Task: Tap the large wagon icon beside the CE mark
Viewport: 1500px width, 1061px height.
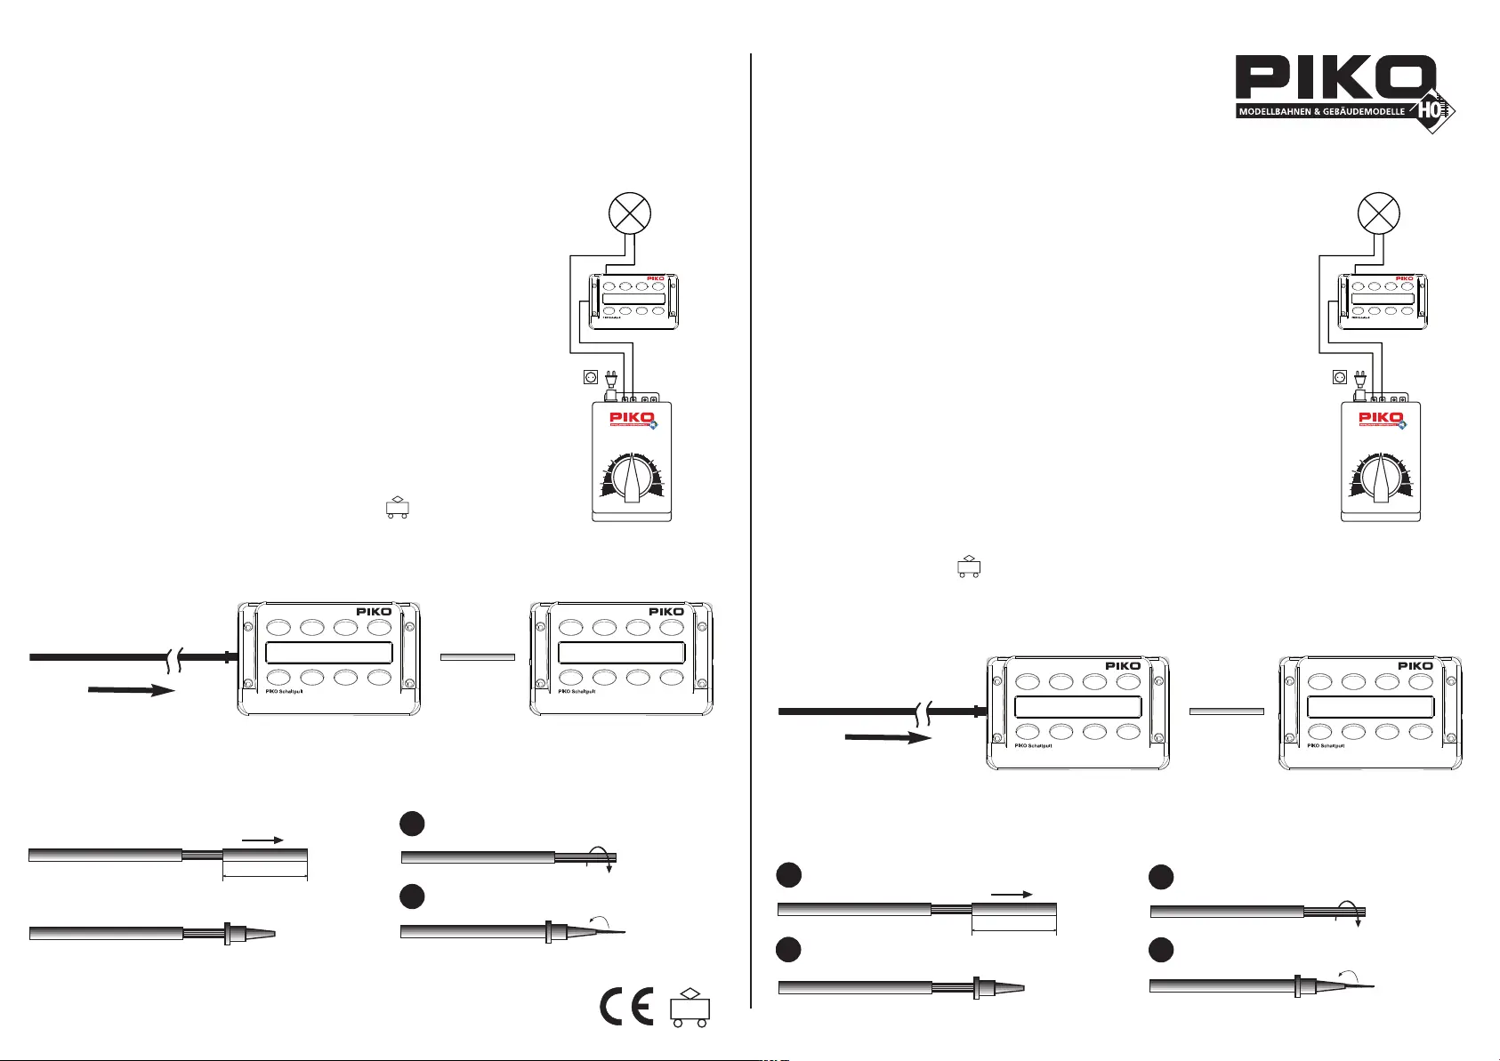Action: (x=690, y=1007)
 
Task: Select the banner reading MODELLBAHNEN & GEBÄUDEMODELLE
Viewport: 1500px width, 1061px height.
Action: (x=1322, y=112)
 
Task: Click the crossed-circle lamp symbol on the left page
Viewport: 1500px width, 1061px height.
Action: (x=629, y=213)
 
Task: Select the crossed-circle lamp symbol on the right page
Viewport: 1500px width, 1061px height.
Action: (x=1378, y=213)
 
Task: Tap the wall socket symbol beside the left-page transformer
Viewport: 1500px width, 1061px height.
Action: (x=590, y=377)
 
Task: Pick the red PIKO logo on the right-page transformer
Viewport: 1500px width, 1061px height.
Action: (x=1381, y=418)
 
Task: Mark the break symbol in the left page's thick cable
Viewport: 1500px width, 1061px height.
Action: (x=173, y=658)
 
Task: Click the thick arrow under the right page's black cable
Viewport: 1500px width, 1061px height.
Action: (x=887, y=737)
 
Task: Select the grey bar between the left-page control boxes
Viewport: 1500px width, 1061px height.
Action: (x=478, y=657)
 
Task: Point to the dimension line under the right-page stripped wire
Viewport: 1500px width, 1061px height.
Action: (x=1014, y=932)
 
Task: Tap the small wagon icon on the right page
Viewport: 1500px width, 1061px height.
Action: (x=969, y=567)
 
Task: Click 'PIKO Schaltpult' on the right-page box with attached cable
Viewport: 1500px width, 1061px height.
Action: (x=1033, y=745)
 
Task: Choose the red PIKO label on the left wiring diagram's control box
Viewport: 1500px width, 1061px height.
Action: (x=655, y=278)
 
